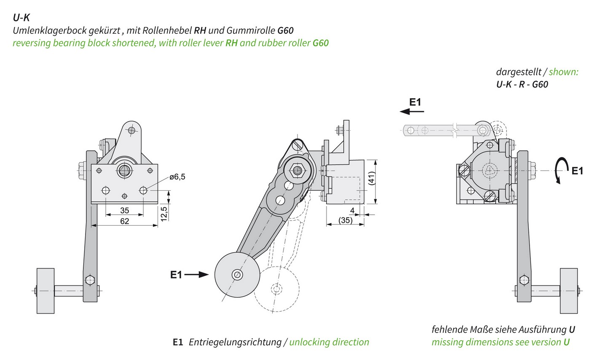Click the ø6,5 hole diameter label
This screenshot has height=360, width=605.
tap(177, 177)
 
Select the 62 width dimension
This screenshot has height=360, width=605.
tap(125, 221)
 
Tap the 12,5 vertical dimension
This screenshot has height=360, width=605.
tap(163, 213)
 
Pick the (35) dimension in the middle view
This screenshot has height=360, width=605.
tap(345, 220)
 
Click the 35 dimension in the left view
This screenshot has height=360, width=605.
tap(125, 210)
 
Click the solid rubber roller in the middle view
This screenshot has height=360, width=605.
tap(237, 275)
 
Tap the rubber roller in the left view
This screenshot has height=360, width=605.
tap(46, 291)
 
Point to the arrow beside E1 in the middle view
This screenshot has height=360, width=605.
tap(197, 275)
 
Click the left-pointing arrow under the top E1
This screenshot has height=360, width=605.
tap(412, 112)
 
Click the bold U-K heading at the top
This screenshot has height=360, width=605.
tap(21, 17)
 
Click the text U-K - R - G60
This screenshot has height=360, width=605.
tap(522, 84)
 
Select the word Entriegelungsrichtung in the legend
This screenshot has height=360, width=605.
tap(235, 342)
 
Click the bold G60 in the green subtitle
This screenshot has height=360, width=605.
tap(321, 43)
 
